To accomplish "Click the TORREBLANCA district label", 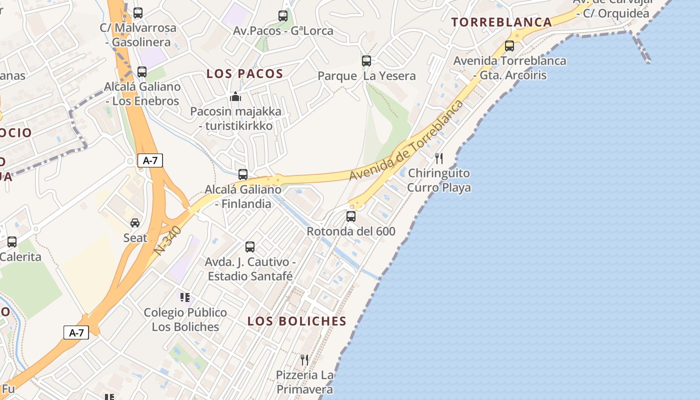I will [x=501, y=22].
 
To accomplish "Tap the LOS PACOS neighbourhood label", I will [x=245, y=74].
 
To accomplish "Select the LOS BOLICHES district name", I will [x=297, y=321].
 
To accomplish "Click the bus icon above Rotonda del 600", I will [x=351, y=216].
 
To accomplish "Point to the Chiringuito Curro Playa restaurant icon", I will [x=439, y=158].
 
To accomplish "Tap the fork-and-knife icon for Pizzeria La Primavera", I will [x=304, y=359].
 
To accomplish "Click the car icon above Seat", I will [x=135, y=223].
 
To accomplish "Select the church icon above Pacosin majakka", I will [x=235, y=96].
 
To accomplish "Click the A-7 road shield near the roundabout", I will [x=150, y=160].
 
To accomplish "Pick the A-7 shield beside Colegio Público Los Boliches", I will [x=76, y=332].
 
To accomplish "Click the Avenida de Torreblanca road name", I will [x=406, y=140].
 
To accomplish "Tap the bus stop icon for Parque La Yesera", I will [x=366, y=61].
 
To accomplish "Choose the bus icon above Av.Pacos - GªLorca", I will [x=283, y=16].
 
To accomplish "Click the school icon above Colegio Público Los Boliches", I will [x=185, y=298].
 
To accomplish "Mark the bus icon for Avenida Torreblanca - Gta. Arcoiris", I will [x=509, y=46].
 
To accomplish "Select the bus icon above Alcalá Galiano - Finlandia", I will [x=243, y=174].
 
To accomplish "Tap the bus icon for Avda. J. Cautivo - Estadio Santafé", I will [x=250, y=247].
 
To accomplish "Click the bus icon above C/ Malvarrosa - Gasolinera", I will [x=138, y=13].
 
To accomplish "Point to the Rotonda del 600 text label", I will [x=351, y=231].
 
